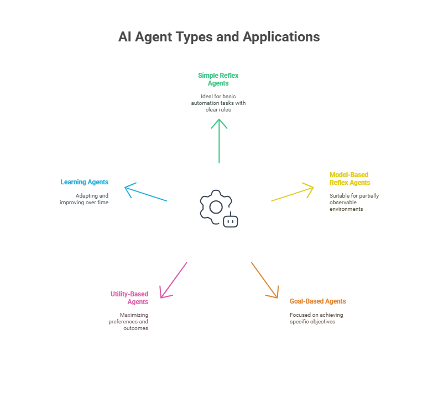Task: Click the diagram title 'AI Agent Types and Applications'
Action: pos(219,37)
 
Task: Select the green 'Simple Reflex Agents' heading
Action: pos(218,79)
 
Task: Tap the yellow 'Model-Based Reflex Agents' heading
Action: pos(350,179)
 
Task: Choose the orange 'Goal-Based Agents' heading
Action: pos(317,301)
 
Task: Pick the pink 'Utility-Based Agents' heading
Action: pos(129,298)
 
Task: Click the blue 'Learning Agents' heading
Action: pos(85,182)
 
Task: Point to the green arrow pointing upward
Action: pos(219,141)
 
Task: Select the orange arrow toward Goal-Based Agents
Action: pos(265,280)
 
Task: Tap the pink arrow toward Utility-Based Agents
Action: pos(174,280)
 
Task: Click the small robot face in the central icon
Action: pos(231,221)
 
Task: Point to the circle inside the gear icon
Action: pos(216,201)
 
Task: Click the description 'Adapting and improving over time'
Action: pos(84,199)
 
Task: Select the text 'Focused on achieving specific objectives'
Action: pos(316,318)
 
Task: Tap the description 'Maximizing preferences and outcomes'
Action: pos(128,321)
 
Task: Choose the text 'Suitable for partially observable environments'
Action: pos(354,203)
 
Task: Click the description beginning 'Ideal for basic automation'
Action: pos(218,103)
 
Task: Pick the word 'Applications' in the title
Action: pos(281,38)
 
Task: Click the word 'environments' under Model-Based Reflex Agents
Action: pos(346,209)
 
